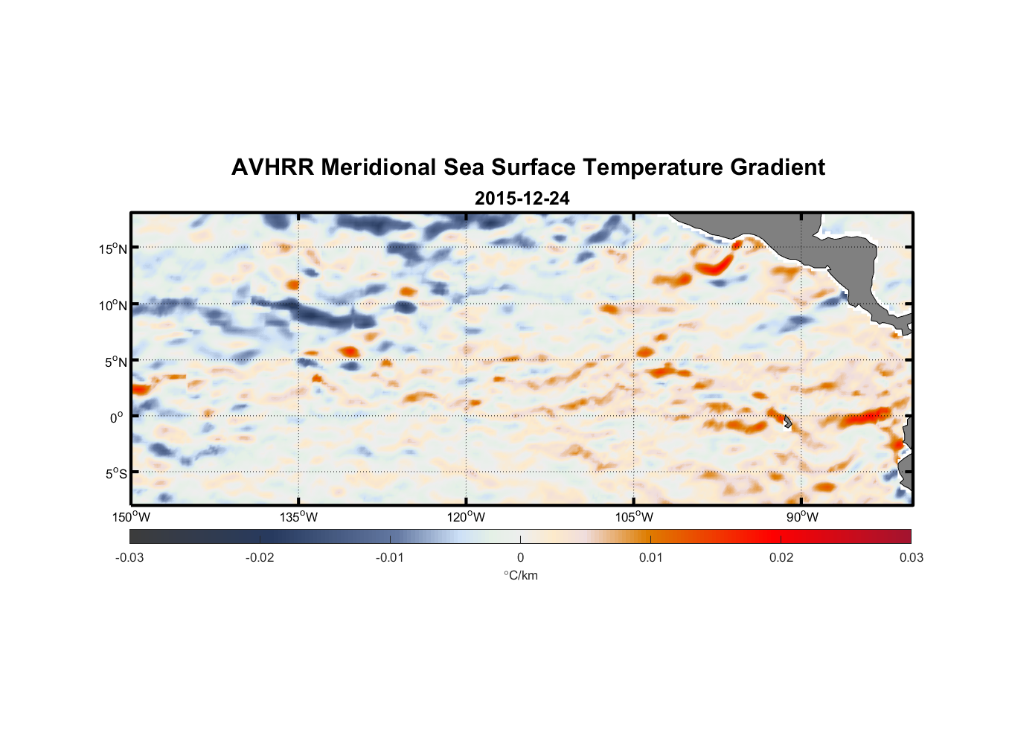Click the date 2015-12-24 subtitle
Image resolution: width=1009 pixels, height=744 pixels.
pyautogui.click(x=522, y=199)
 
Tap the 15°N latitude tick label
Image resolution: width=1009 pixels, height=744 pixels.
pyautogui.click(x=113, y=248)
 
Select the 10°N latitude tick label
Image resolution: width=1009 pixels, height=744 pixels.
pyautogui.click(x=113, y=305)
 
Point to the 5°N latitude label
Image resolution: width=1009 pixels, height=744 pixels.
pyautogui.click(x=115, y=362)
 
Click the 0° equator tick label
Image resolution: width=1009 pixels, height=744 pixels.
pyautogui.click(x=117, y=417)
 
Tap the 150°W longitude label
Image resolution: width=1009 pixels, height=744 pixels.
pyautogui.click(x=131, y=517)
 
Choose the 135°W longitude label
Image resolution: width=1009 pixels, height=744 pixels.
pyautogui.click(x=298, y=517)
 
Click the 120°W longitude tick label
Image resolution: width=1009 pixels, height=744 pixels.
pyautogui.click(x=466, y=517)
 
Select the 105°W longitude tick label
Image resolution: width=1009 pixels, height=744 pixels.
pyautogui.click(x=634, y=517)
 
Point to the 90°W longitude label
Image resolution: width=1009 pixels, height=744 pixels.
pyautogui.click(x=802, y=517)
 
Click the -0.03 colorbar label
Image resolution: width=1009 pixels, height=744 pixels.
pyautogui.click(x=129, y=557)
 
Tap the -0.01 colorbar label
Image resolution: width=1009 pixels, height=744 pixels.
pyautogui.click(x=390, y=557)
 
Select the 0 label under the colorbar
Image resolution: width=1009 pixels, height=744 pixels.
pyautogui.click(x=520, y=557)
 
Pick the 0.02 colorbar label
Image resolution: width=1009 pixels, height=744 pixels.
pyautogui.click(x=781, y=557)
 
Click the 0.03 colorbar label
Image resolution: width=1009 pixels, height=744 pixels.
pyautogui.click(x=911, y=557)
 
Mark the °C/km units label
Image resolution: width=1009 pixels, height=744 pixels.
pyautogui.click(x=520, y=575)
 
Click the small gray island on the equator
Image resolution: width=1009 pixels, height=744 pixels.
pyautogui.click(x=787, y=422)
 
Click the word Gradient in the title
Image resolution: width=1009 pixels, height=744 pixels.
pyautogui.click(x=778, y=167)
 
